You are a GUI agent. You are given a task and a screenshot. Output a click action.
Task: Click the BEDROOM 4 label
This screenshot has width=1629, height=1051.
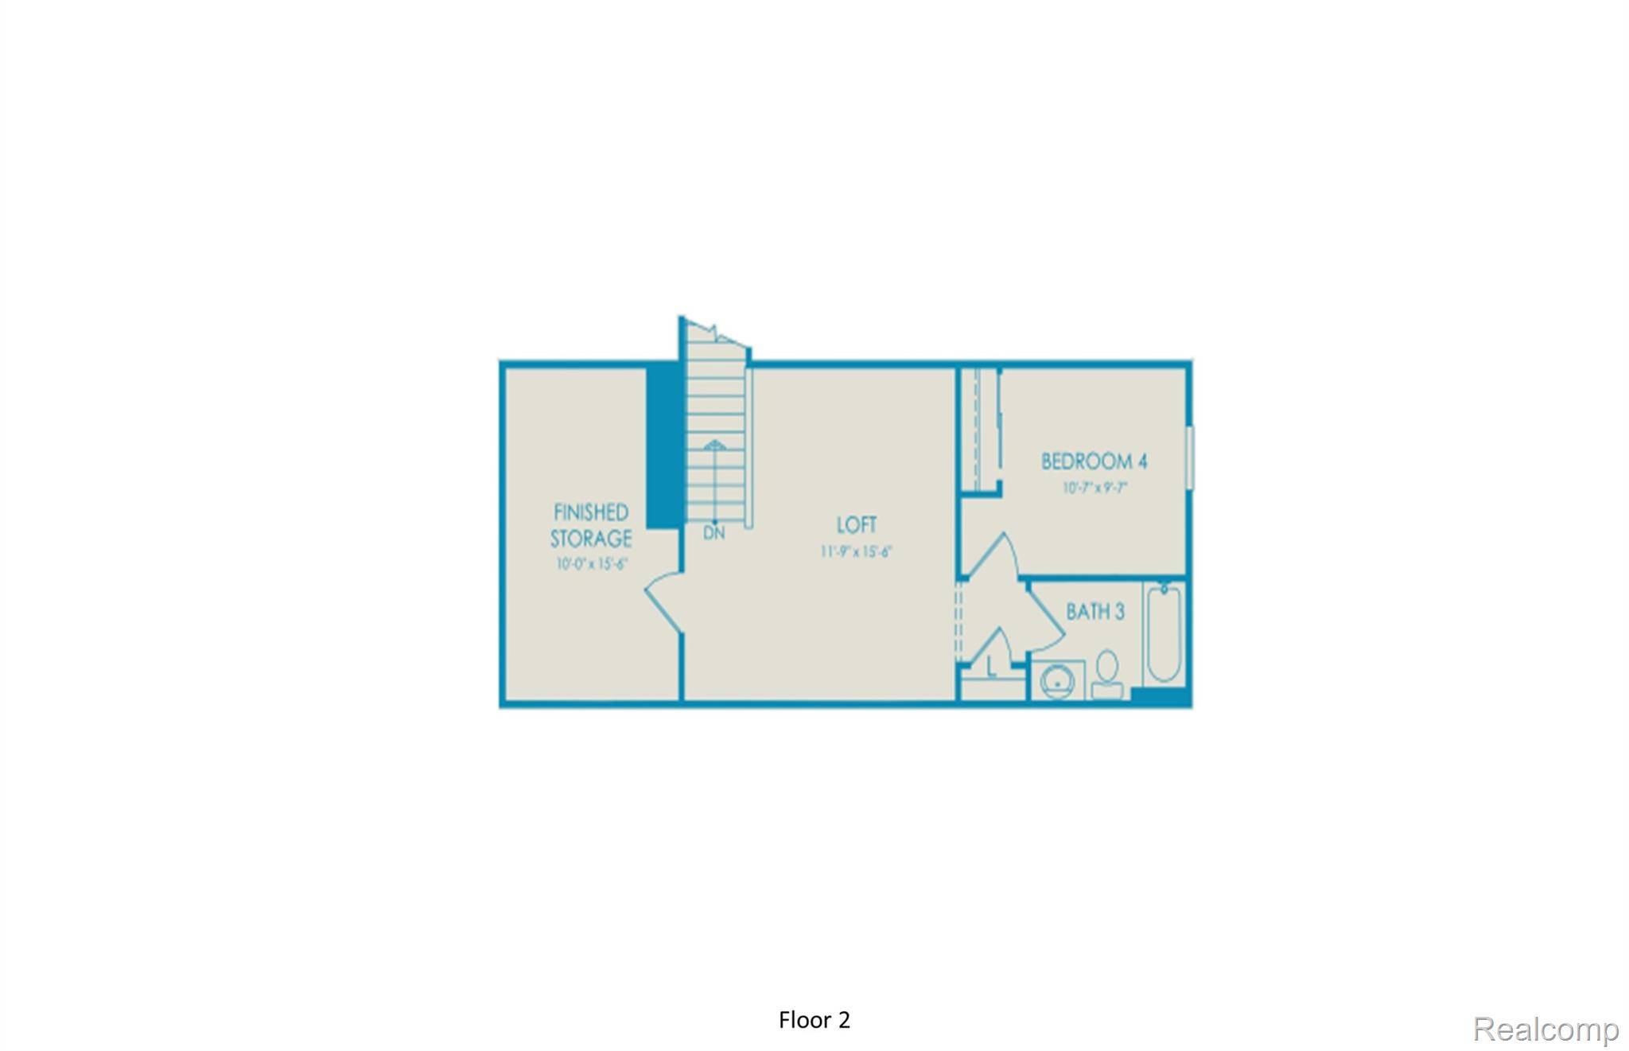click(x=1094, y=461)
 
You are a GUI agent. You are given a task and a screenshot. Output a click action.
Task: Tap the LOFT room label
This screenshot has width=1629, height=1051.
click(x=857, y=525)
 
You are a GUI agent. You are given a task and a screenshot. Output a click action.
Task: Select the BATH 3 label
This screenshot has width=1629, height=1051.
click(x=1095, y=612)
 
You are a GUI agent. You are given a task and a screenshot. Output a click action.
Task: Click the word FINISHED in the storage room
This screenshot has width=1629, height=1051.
click(x=591, y=512)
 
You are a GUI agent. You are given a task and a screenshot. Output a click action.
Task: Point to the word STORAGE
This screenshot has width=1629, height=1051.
click(x=591, y=539)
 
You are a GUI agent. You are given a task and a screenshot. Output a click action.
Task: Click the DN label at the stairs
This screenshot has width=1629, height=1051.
click(x=714, y=534)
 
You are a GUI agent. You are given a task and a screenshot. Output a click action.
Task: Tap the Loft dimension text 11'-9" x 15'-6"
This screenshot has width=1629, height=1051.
click(x=857, y=551)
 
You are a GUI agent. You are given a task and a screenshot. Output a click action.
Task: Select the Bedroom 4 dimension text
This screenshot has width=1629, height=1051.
click(x=1095, y=488)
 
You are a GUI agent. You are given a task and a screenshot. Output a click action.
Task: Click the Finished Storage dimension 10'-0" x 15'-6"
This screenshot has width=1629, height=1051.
click(x=592, y=564)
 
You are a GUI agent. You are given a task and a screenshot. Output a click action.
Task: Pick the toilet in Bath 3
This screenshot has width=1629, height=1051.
click(x=1106, y=673)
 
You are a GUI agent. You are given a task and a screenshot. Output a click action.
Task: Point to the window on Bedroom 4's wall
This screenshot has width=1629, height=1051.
click(x=1190, y=457)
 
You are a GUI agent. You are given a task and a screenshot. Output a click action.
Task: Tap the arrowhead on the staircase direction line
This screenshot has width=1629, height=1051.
click(x=715, y=445)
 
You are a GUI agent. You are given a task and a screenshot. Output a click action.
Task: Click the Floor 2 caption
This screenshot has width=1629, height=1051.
click(x=814, y=1020)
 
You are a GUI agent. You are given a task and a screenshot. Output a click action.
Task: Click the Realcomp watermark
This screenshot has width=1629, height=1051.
click(x=1545, y=1029)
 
